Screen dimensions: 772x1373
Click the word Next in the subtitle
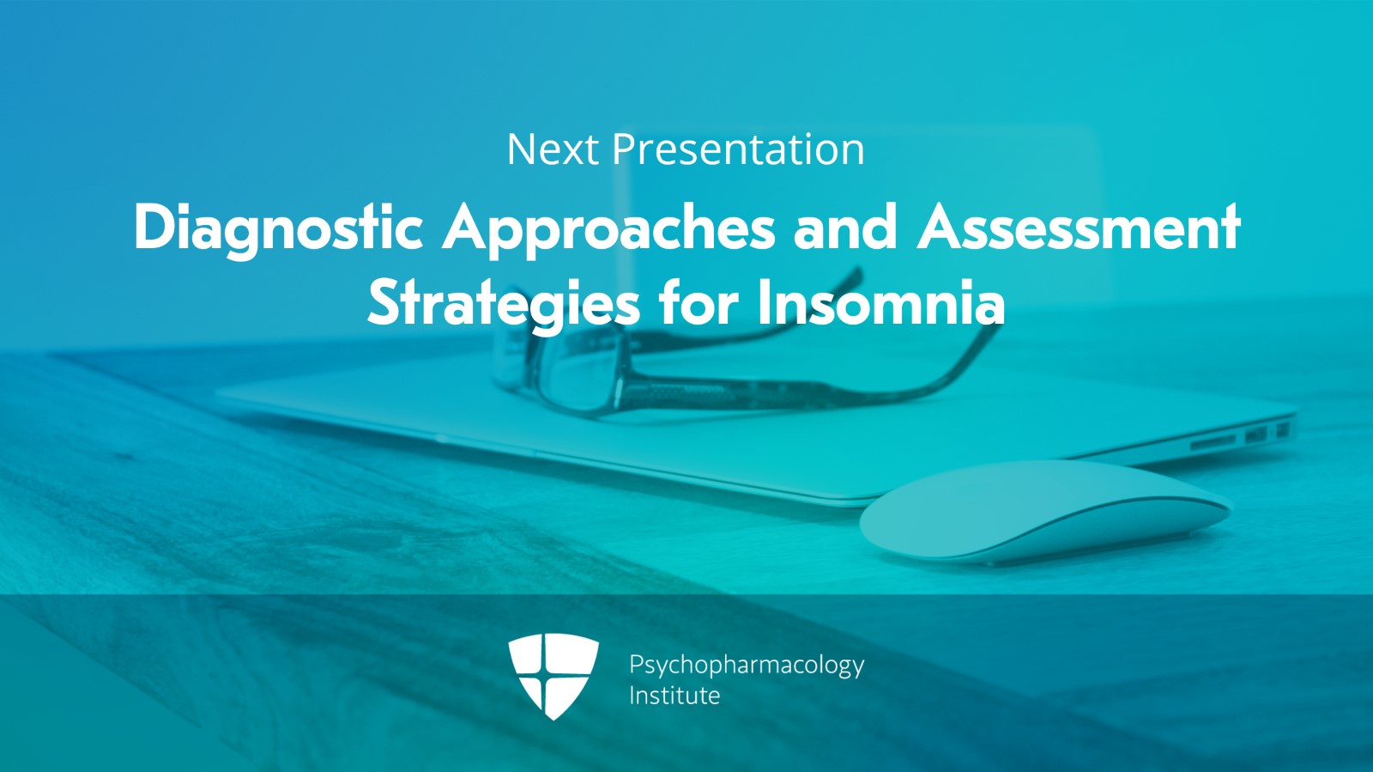pyautogui.click(x=552, y=150)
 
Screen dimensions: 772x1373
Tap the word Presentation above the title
pyautogui.click(x=738, y=150)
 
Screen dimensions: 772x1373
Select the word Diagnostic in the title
pyautogui.click(x=278, y=228)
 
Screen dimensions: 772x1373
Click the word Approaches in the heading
pyautogui.click(x=609, y=228)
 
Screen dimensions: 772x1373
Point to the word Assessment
pyautogui.click(x=1079, y=228)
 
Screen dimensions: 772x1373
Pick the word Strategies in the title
pyautogui.click(x=504, y=304)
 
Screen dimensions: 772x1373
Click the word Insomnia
pyautogui.click(x=880, y=304)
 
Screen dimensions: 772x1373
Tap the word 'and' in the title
pyautogui.click(x=845, y=228)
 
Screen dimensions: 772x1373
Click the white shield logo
pyautogui.click(x=553, y=675)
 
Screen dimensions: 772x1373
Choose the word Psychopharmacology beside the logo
pyautogui.click(x=746, y=665)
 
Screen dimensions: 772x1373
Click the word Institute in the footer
pyautogui.click(x=674, y=696)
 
